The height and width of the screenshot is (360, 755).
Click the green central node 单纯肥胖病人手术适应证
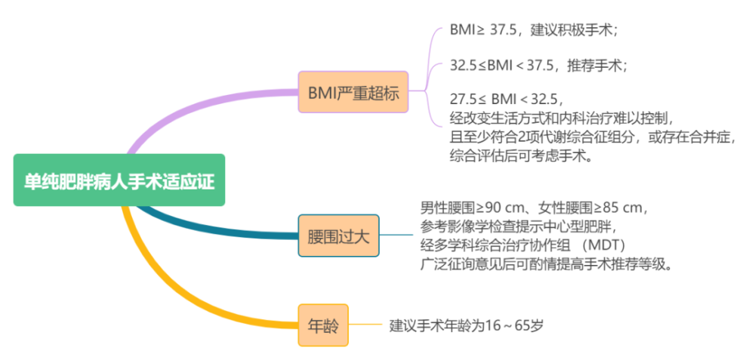pyautogui.click(x=119, y=180)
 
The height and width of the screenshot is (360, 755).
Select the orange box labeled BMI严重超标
pyautogui.click(x=353, y=93)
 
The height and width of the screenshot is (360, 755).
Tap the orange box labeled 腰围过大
pyautogui.click(x=338, y=235)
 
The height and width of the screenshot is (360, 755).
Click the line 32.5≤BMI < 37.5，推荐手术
pyautogui.click(x=538, y=65)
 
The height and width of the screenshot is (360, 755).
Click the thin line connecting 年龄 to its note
pyautogui.click(x=366, y=325)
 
